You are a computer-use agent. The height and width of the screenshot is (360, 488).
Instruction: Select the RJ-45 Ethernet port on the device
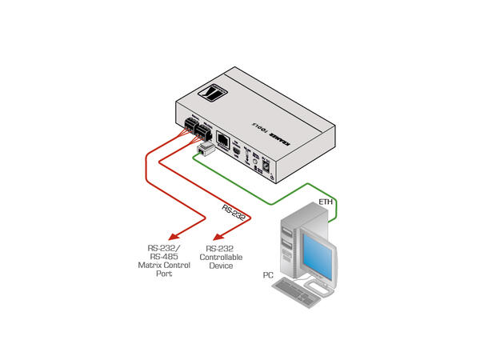click(226, 143)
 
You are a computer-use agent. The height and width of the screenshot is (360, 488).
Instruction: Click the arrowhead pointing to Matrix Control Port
click(176, 237)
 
